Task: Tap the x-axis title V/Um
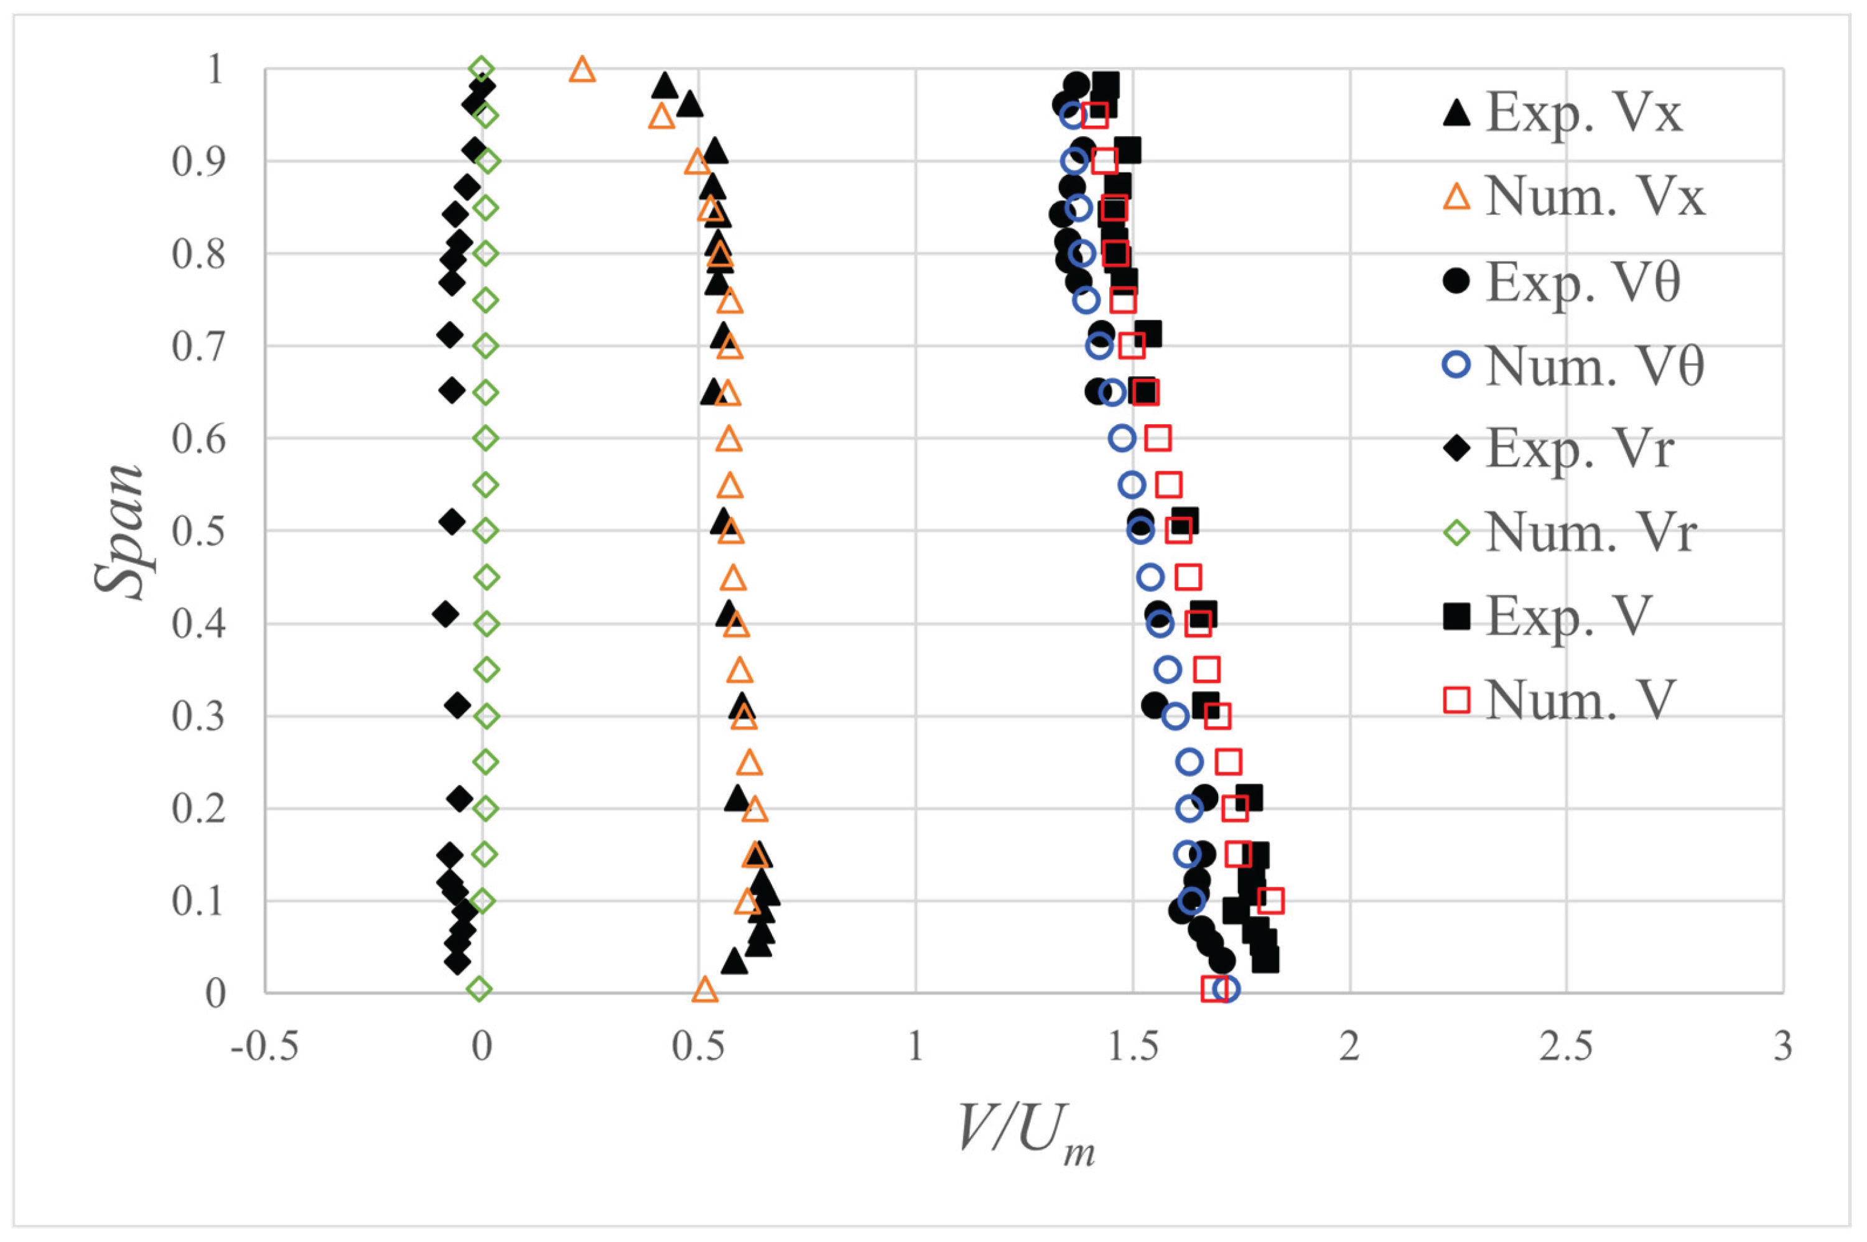[1025, 1133]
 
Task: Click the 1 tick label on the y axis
[215, 70]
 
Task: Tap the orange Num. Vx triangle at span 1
[582, 70]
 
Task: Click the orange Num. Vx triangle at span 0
[705, 989]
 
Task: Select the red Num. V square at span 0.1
[1270, 901]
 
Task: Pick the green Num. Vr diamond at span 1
[482, 70]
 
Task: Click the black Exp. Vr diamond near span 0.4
[446, 614]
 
